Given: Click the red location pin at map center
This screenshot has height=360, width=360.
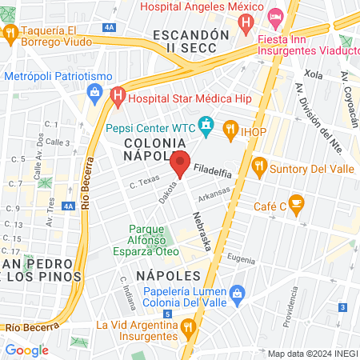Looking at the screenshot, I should [x=180, y=163].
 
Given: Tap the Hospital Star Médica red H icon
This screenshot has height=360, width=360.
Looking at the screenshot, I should [x=118, y=98].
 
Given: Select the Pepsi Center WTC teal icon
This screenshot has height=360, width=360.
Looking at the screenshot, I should [x=207, y=125].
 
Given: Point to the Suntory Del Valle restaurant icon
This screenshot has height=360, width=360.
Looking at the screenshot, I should [x=258, y=167].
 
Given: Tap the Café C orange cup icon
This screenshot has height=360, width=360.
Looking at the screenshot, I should [x=296, y=204].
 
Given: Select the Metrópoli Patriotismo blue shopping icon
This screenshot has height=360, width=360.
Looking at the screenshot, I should [x=94, y=90].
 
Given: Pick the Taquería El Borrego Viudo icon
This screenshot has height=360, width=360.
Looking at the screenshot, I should [x=10, y=33].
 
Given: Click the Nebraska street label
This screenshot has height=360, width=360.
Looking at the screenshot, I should [x=202, y=231].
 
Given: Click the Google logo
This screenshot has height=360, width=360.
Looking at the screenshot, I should [x=26, y=350].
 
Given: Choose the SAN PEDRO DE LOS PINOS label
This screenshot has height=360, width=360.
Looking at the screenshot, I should [x=42, y=270].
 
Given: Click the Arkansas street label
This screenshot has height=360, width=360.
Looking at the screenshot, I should [x=214, y=194].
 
